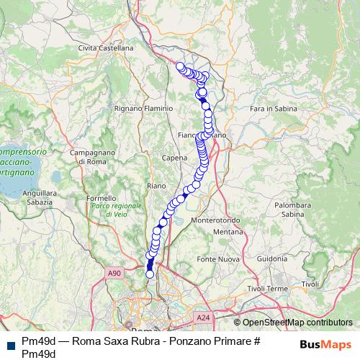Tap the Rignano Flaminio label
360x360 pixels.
144,108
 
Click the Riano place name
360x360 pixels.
156,186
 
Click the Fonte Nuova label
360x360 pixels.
218,258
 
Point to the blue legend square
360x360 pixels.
9,345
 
